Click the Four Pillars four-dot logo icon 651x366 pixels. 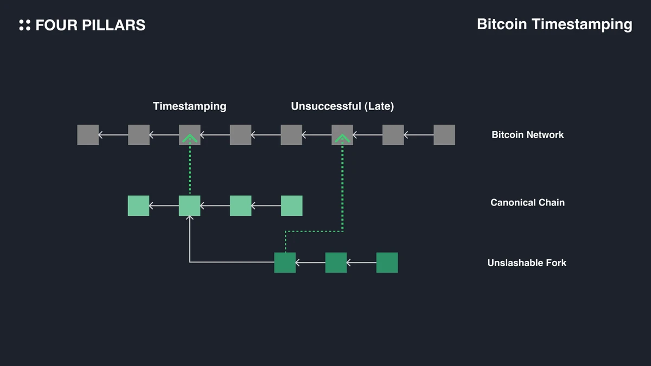pyautogui.click(x=24, y=25)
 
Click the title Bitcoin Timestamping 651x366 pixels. pyautogui.click(x=554, y=24)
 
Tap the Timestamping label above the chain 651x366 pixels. pyautogui.click(x=189, y=106)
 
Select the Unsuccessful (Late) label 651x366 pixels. pyautogui.click(x=342, y=106)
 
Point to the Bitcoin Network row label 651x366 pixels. pyautogui.click(x=527, y=134)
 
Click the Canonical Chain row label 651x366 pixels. pyautogui.click(x=527, y=203)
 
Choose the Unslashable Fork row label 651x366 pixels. pyautogui.click(x=527, y=263)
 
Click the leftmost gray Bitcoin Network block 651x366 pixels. pyautogui.click(x=88, y=135)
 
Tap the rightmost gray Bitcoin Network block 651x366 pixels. pyautogui.click(x=444, y=135)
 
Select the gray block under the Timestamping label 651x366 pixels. pyautogui.click(x=190, y=135)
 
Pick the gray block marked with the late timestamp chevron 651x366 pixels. pyautogui.click(x=342, y=135)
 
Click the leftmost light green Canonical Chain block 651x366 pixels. pyautogui.click(x=138, y=206)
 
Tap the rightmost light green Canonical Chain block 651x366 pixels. pyautogui.click(x=291, y=206)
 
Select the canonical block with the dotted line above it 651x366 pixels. pyautogui.click(x=190, y=206)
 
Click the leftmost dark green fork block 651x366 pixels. pyautogui.click(x=285, y=262)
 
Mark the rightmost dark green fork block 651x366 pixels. pyautogui.click(x=387, y=262)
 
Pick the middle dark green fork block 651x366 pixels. pyautogui.click(x=336, y=262)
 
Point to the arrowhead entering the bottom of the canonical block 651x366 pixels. pyautogui.click(x=190, y=218)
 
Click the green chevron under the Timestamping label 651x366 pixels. pyautogui.click(x=189, y=139)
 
